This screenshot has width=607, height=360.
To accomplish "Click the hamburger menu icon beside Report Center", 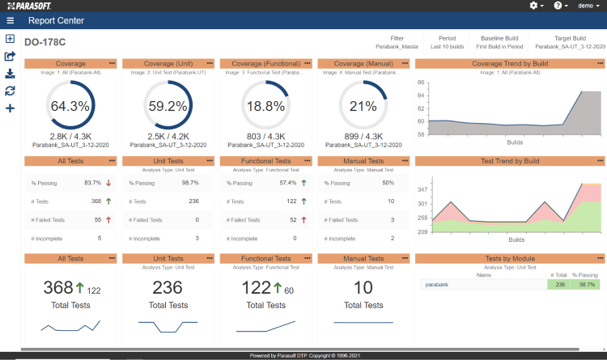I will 10,21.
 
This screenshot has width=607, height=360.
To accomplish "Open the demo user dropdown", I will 588,6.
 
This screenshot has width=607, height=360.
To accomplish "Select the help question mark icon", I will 559,6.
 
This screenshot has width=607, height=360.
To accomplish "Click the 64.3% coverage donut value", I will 70,106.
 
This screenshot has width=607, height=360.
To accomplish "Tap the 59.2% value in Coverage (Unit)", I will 168,106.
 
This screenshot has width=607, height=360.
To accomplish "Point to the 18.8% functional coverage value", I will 265,106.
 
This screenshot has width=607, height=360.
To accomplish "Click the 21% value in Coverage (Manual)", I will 363,106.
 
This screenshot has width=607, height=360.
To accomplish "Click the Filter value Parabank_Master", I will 397,47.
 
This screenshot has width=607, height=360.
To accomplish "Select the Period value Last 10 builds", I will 447,47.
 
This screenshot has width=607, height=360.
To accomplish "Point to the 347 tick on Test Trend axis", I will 422,188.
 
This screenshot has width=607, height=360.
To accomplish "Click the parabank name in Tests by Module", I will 436,285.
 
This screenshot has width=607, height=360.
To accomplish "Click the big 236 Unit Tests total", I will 168,287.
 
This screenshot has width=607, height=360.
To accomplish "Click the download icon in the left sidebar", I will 10,74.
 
